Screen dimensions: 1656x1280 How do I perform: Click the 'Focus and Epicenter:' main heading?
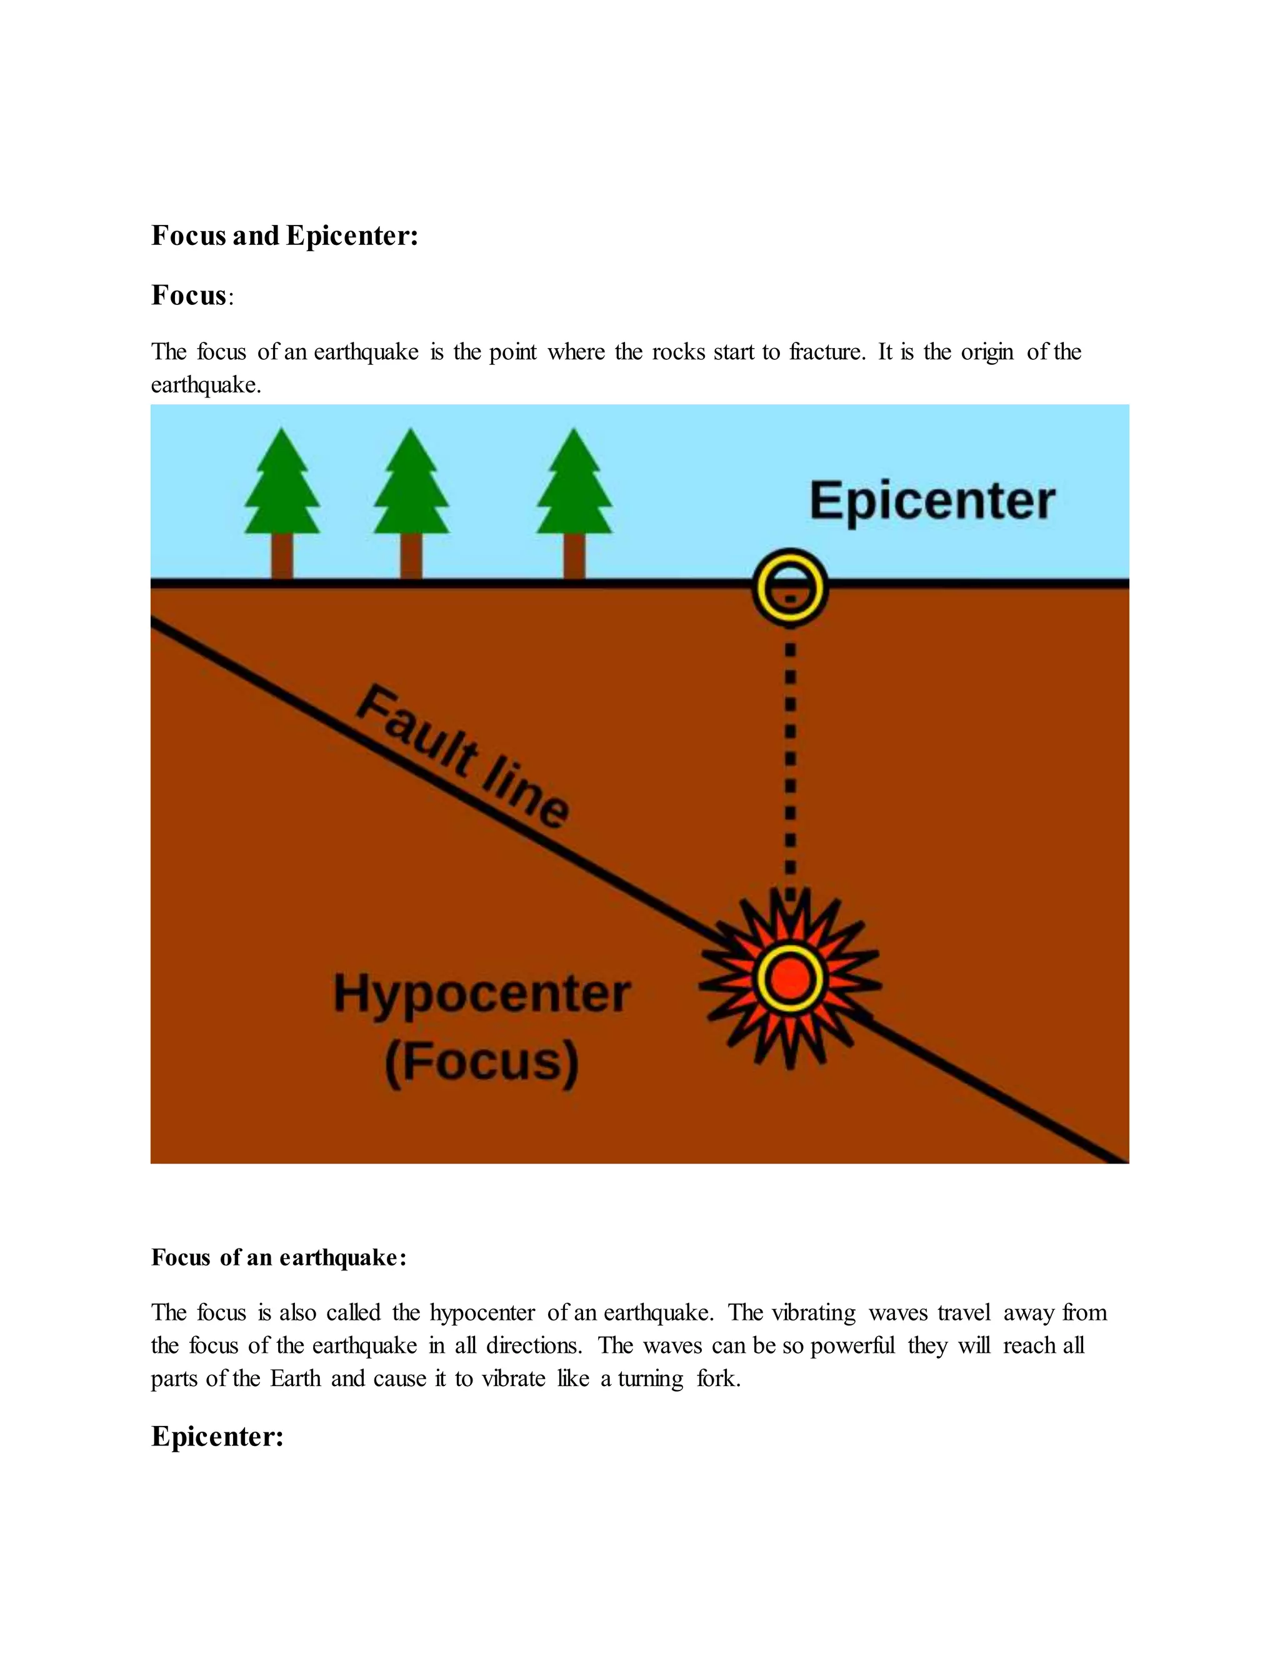coord(284,236)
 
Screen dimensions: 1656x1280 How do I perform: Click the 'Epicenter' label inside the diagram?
coord(932,501)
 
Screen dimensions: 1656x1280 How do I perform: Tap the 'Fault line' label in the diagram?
coord(462,756)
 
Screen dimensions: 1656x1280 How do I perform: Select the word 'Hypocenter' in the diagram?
coord(482,994)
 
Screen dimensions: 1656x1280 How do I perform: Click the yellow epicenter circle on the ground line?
coord(789,586)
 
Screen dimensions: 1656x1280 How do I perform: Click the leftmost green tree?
coord(282,486)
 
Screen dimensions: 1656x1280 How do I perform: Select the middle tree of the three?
coord(411,486)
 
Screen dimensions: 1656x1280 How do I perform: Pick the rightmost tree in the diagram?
coord(574,486)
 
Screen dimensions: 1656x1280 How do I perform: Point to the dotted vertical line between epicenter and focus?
coord(790,758)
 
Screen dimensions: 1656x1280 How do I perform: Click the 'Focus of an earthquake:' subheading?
coord(278,1258)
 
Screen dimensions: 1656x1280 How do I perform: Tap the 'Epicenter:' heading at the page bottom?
coord(217,1436)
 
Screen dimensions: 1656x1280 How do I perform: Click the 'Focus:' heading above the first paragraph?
coord(192,295)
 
